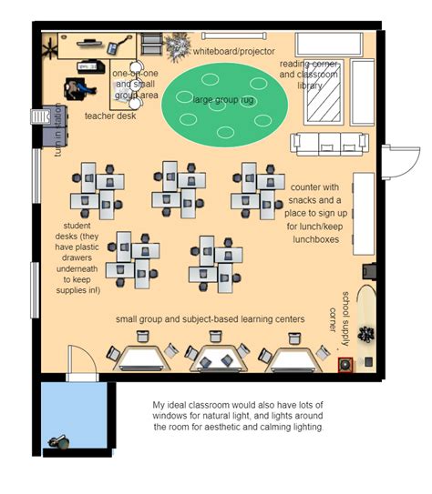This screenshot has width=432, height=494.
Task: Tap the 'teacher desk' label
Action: pos(109,116)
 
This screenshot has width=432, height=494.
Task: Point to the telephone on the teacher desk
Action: pos(114,46)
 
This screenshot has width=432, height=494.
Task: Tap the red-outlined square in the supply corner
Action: pos(345,366)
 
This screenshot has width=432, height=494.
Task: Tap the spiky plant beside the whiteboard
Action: pos(179,43)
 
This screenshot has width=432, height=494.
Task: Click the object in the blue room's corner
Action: pos(62,441)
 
